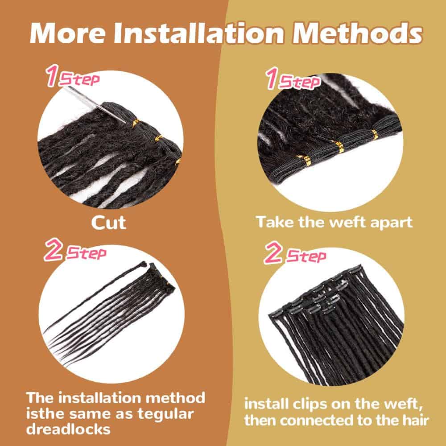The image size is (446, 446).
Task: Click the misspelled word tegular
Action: click(166, 414)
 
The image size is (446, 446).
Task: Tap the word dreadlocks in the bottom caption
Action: click(68, 429)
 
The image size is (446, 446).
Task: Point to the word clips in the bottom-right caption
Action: click(310, 405)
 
